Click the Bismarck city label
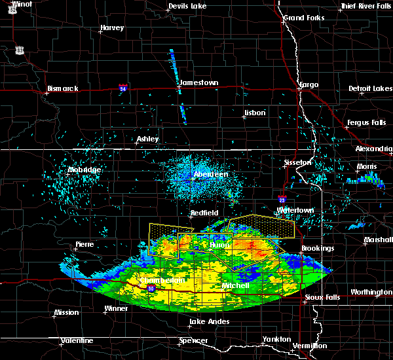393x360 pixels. (63, 88)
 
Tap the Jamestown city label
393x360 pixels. (200, 82)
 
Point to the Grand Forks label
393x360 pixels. (303, 18)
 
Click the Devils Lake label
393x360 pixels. (187, 6)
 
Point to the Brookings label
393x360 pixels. (318, 248)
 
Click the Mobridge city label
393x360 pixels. (84, 170)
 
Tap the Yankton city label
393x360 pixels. (276, 339)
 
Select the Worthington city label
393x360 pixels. (371, 292)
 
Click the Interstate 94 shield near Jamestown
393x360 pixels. (123, 86)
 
